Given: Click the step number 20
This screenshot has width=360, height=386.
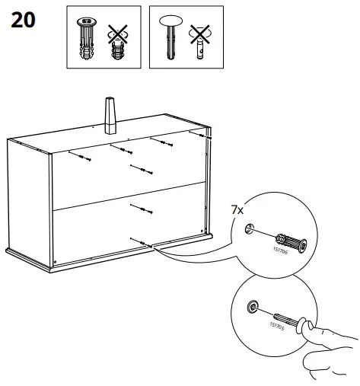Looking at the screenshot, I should pos(22,21).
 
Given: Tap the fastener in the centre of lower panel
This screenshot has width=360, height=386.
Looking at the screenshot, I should pos(138,208).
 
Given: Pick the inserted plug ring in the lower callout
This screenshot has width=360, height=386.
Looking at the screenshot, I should pos(252,308).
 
